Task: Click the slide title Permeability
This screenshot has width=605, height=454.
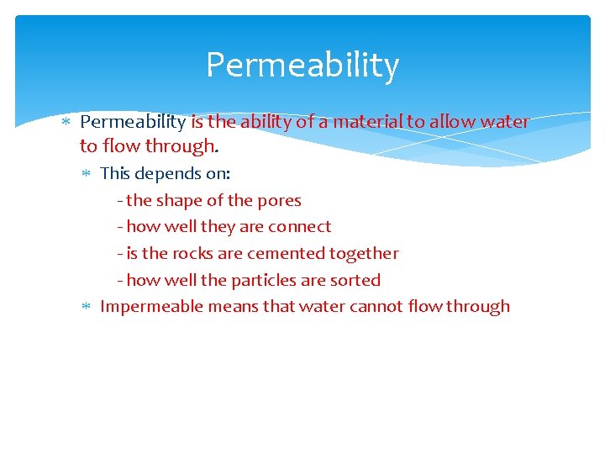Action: [x=302, y=66]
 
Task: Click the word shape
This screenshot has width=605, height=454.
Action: [x=177, y=201]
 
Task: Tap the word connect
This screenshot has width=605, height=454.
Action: [x=300, y=227]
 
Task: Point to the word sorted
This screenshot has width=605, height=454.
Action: [x=356, y=281]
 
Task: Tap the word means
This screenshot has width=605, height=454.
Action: [x=232, y=307]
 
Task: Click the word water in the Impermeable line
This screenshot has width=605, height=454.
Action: [x=320, y=307]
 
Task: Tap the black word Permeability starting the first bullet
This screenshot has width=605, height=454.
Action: [x=133, y=122]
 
